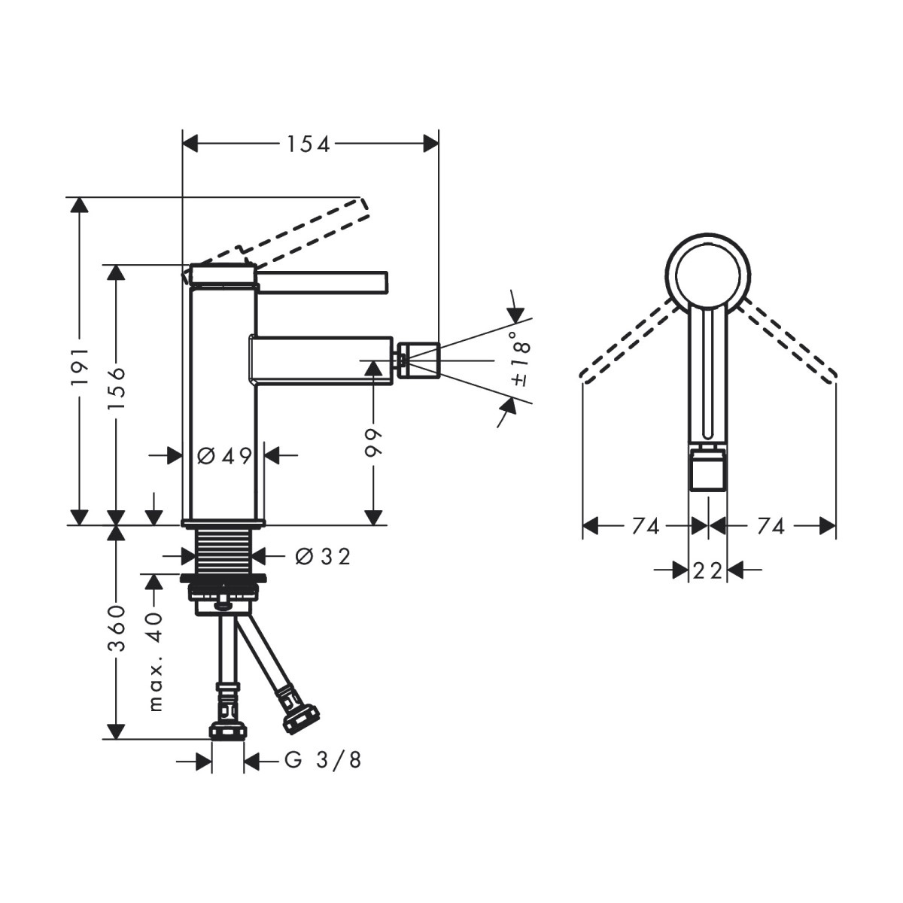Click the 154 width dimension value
(309, 144)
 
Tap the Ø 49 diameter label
(224, 455)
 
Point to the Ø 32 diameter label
(323, 557)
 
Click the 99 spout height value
(374, 442)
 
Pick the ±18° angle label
(521, 358)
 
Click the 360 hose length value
(117, 628)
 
